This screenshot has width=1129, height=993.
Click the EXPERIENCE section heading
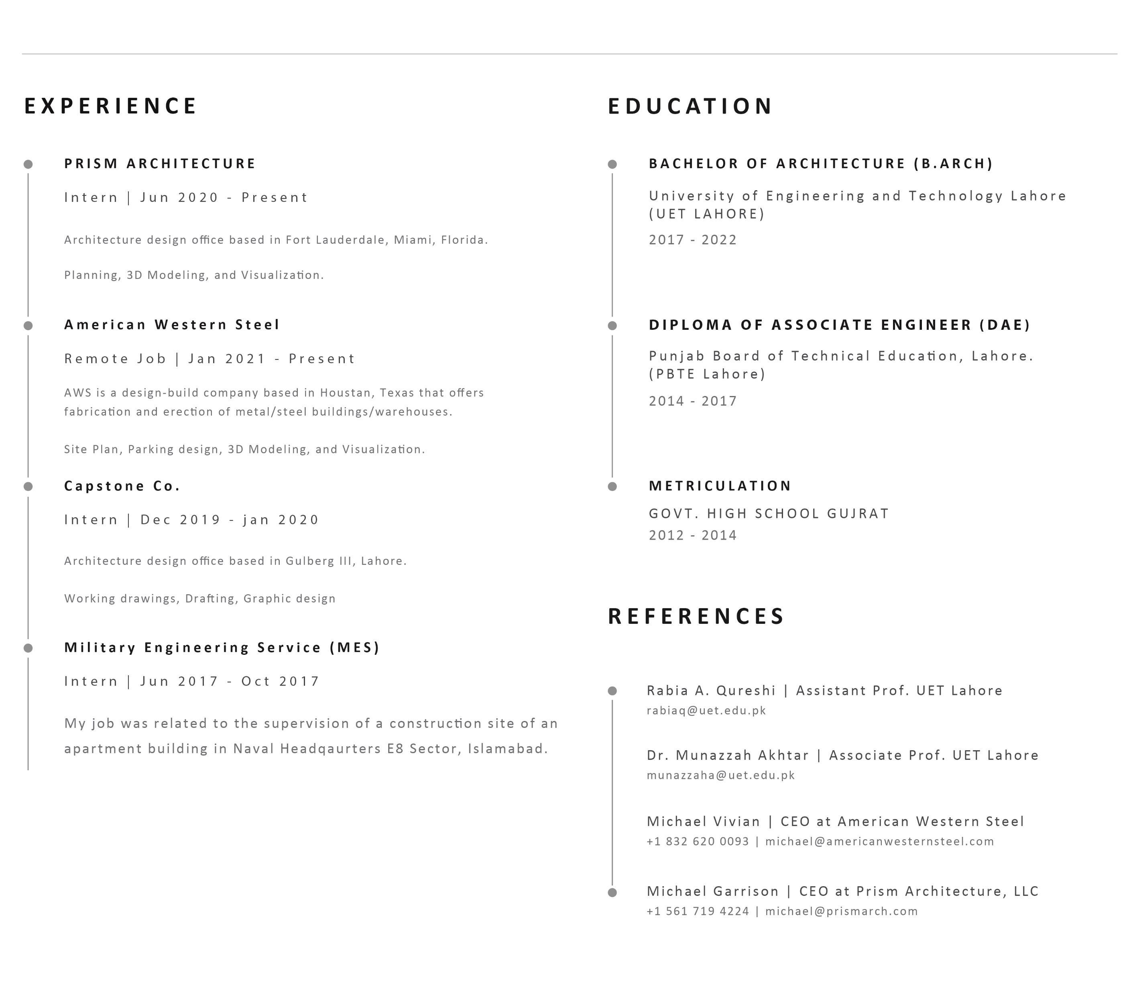(x=110, y=106)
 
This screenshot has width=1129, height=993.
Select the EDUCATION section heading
(x=690, y=106)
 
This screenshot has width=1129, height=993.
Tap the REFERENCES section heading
(x=696, y=616)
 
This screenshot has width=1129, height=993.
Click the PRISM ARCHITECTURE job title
(x=160, y=163)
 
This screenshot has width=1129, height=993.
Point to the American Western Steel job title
(x=172, y=325)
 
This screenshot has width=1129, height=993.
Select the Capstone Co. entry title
(x=122, y=486)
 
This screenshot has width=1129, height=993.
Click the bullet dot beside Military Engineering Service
(x=28, y=648)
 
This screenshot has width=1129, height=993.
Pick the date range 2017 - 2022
(x=693, y=240)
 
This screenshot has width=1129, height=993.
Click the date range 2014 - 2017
(x=693, y=401)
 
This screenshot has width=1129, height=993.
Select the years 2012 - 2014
(x=693, y=535)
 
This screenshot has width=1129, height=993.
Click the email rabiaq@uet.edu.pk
(x=706, y=710)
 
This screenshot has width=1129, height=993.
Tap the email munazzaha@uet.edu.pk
(x=721, y=775)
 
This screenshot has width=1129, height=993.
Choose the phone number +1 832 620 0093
(x=698, y=841)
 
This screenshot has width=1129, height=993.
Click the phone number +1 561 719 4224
(x=698, y=911)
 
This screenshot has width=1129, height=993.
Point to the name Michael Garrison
(x=712, y=891)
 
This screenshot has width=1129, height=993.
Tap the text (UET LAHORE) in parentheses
(x=706, y=214)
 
